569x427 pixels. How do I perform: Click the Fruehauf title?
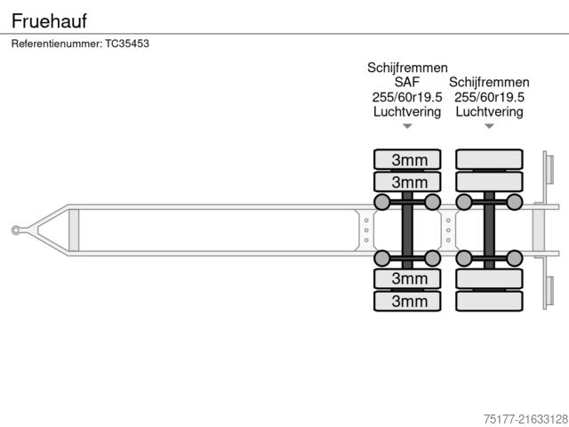click(50, 20)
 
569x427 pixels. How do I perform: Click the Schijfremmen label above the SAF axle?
click(407, 68)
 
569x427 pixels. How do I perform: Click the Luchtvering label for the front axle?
click(407, 112)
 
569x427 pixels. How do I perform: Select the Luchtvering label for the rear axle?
click(489, 112)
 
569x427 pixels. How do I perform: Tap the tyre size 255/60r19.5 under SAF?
click(407, 98)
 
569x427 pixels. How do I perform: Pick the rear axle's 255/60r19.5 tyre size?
click(489, 98)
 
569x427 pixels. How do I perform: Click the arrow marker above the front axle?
click(407, 126)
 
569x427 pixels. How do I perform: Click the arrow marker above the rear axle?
click(489, 126)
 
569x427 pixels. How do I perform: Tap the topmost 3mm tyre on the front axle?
click(407, 160)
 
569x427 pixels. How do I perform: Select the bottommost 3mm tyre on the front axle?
click(407, 301)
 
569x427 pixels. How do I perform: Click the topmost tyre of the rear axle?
click(489, 160)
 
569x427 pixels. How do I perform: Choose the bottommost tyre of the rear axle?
click(489, 301)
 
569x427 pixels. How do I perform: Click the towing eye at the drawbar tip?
click(16, 230)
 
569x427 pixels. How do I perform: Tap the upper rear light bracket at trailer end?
click(549, 170)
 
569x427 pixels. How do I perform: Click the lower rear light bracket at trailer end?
click(549, 291)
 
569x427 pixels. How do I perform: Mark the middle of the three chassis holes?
click(366, 230)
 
